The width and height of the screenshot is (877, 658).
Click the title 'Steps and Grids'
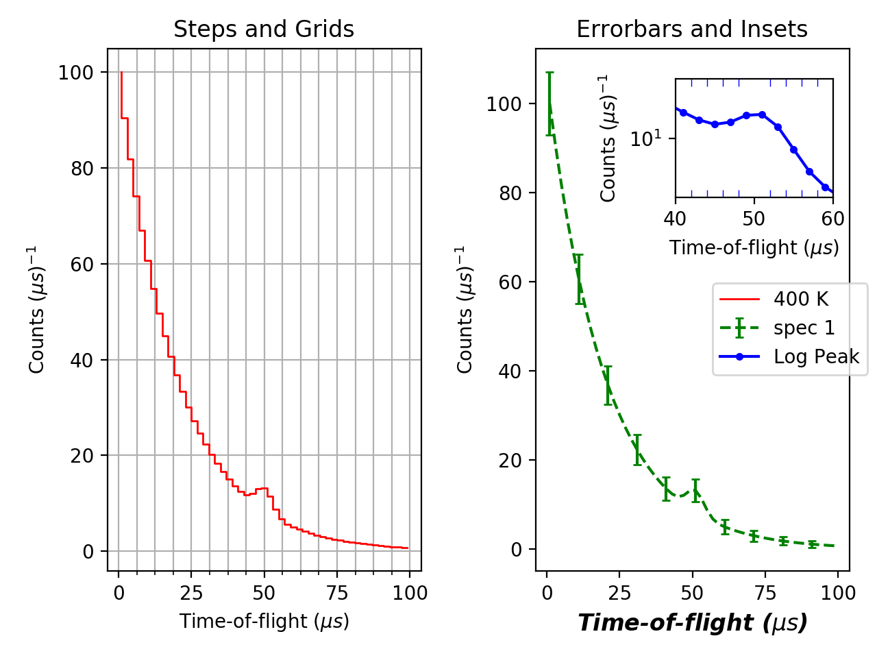tap(264, 29)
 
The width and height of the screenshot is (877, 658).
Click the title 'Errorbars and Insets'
tap(691, 29)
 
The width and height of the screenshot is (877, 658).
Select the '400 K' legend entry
tap(800, 300)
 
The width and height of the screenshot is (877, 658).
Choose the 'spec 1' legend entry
tap(804, 328)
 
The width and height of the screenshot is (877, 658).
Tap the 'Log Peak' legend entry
tap(816, 357)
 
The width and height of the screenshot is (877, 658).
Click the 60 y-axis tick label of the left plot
tap(82, 265)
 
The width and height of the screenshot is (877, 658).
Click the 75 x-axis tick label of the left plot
tap(336, 593)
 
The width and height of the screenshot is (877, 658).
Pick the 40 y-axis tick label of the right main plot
tap(510, 371)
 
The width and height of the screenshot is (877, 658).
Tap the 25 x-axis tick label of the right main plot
tap(619, 593)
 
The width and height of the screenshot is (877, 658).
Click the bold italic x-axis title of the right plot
tap(692, 622)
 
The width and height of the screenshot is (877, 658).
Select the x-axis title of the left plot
tap(264, 621)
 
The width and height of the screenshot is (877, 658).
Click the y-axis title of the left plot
tap(37, 309)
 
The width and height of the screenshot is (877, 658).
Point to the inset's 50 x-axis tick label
tap(754, 219)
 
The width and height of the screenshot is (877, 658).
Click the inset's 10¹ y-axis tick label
tap(646, 138)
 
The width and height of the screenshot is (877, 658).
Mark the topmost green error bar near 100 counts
tap(549, 103)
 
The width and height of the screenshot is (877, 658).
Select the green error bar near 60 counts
tap(579, 279)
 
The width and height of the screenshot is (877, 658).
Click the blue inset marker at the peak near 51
tap(762, 115)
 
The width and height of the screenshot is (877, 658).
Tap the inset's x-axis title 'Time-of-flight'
tap(754, 247)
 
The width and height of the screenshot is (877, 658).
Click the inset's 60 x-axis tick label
tap(832, 219)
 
